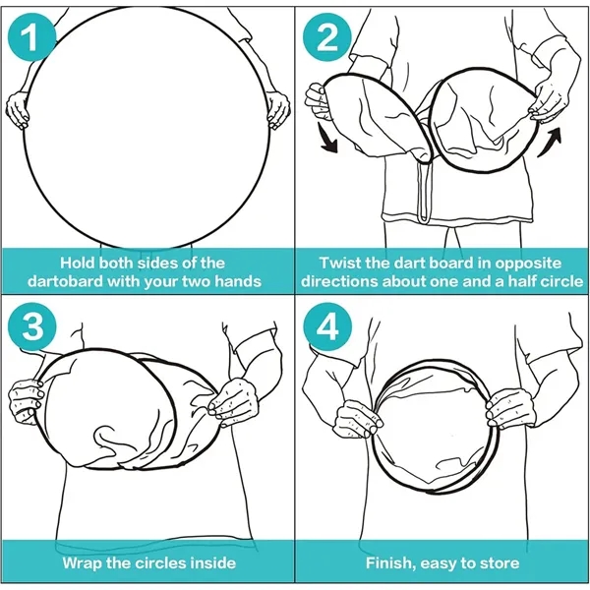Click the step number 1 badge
31,37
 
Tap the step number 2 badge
327,37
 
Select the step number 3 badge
32,325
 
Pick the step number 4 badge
327,325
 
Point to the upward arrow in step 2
550,143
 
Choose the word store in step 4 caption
500,563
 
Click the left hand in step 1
18,110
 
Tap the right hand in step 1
278,109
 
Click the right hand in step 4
509,408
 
